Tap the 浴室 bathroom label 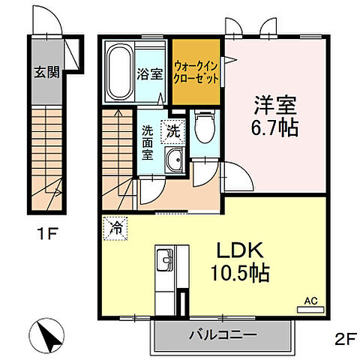coord(150,73)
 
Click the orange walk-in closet coord(196,72)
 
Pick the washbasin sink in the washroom coord(175,159)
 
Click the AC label coord(310,300)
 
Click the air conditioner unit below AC coord(310,310)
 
